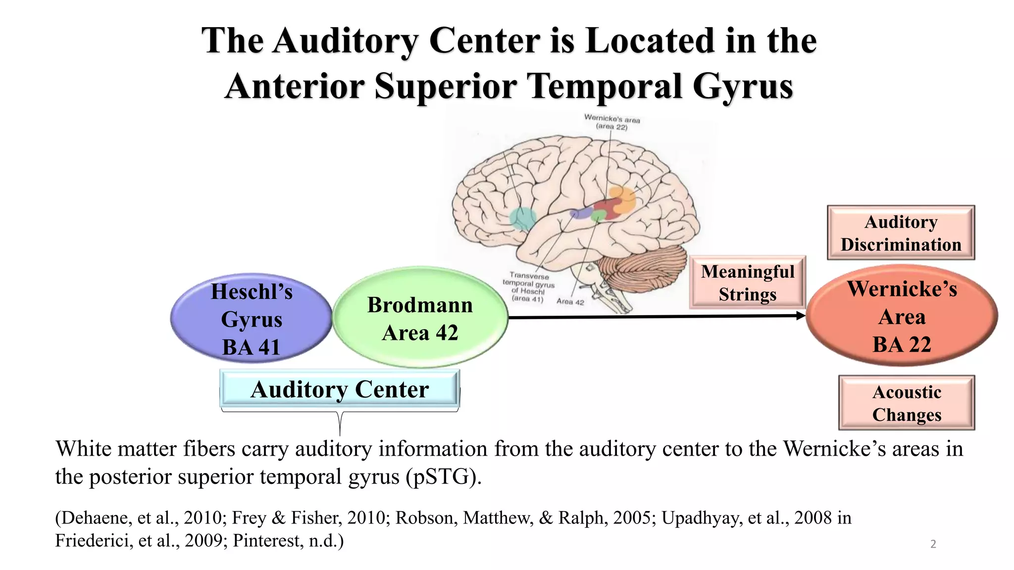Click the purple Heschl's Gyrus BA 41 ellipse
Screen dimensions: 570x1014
click(251, 319)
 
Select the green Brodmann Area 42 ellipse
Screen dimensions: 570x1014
click(420, 318)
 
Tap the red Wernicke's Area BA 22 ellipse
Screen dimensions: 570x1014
click(902, 316)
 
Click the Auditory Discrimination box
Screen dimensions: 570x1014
click(901, 233)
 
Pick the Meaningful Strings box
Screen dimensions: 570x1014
click(747, 283)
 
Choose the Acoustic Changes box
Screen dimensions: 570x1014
click(906, 403)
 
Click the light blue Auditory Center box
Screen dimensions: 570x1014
click(340, 389)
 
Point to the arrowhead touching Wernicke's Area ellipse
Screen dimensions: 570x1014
click(801, 316)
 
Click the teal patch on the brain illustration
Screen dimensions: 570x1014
click(522, 218)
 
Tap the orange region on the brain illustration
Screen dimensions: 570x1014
click(623, 198)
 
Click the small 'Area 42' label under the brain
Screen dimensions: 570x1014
click(570, 301)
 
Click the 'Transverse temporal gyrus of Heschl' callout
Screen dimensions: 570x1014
click(528, 287)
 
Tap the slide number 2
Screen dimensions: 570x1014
click(933, 544)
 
